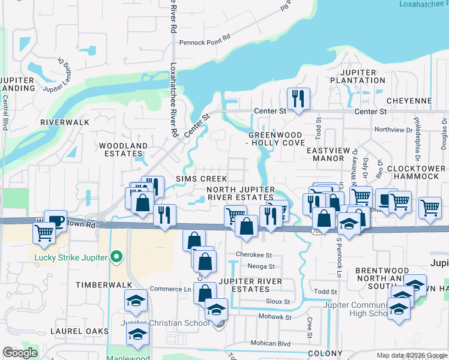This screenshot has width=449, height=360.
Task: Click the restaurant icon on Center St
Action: click(298, 98)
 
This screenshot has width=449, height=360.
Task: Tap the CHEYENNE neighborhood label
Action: click(410, 101)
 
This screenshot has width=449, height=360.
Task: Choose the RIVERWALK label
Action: click(65, 122)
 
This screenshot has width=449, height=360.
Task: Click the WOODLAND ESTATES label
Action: click(123, 150)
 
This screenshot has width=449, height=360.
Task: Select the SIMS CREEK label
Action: click(201, 179)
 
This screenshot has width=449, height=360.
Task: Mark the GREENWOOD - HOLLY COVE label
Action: click(276, 139)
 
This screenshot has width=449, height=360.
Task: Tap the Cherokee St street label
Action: click(257, 255)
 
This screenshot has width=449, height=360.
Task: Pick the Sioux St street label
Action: click(278, 301)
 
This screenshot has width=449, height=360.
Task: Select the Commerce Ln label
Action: click(170, 289)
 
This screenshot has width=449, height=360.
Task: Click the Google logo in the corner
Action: click(20, 353)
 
